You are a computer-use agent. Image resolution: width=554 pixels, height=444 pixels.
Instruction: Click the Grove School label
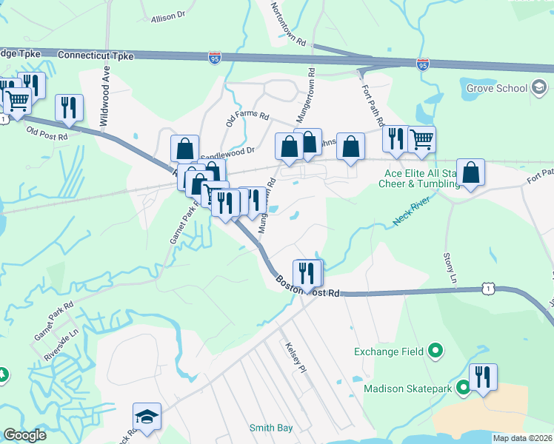click(496, 89)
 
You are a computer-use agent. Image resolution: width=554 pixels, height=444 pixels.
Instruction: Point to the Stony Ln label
click(450, 267)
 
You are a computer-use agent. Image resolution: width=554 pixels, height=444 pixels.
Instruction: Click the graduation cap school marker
click(147, 416)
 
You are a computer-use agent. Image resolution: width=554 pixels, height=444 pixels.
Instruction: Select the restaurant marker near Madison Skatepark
click(483, 376)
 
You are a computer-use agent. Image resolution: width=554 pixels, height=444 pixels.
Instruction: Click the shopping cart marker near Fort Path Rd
click(421, 138)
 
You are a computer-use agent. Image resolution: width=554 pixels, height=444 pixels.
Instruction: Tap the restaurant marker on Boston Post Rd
click(307, 272)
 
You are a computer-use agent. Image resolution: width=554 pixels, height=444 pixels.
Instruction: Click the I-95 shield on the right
click(422, 65)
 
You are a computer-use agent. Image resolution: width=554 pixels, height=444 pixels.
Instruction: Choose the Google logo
click(25, 435)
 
